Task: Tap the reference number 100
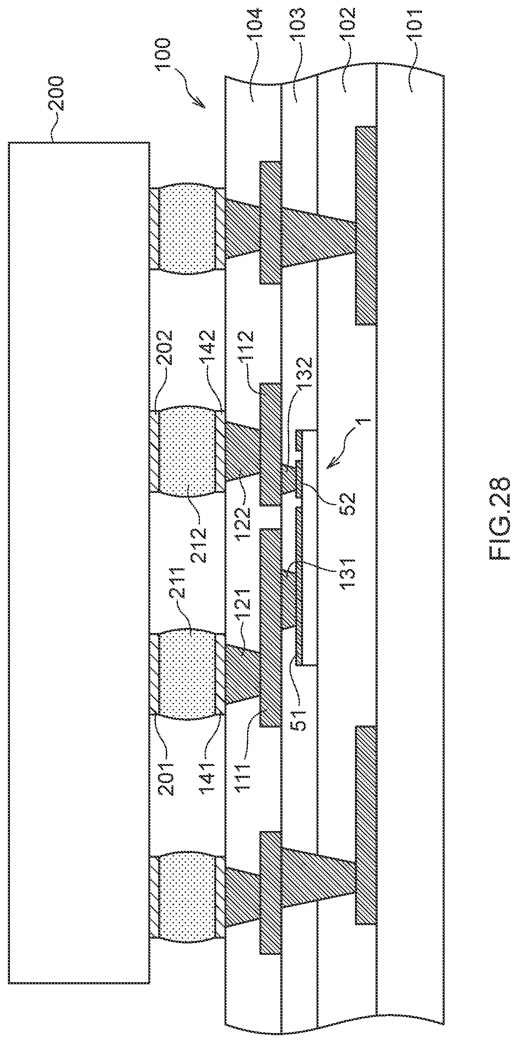pyautogui.click(x=164, y=55)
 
